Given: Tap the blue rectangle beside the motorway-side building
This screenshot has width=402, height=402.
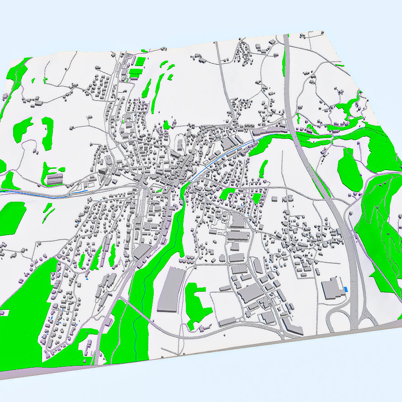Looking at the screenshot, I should click(346, 289).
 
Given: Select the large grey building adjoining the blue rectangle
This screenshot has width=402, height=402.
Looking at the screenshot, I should click(333, 288).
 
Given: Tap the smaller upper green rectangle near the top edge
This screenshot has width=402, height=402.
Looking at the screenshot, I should click(140, 61).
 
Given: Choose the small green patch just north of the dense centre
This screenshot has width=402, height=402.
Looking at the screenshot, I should click(166, 125).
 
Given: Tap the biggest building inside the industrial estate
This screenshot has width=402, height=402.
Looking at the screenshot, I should click(249, 294).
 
